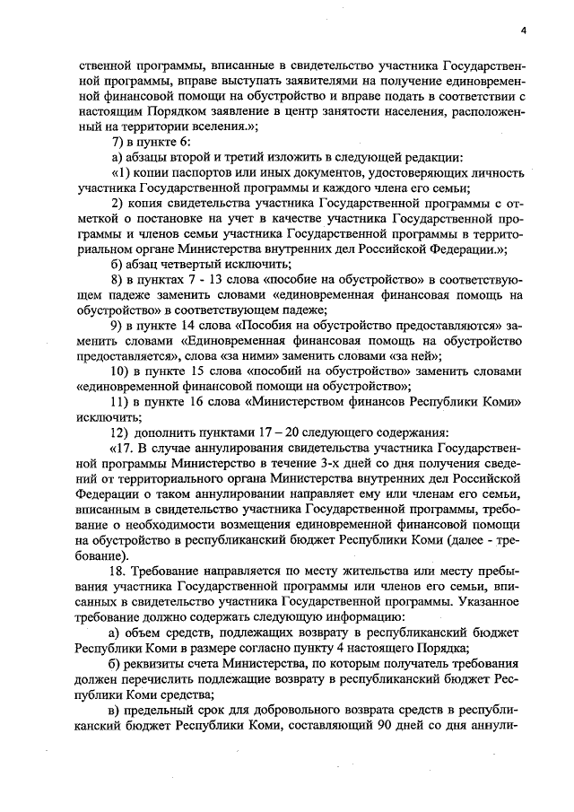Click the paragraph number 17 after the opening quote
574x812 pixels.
click(x=125, y=448)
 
